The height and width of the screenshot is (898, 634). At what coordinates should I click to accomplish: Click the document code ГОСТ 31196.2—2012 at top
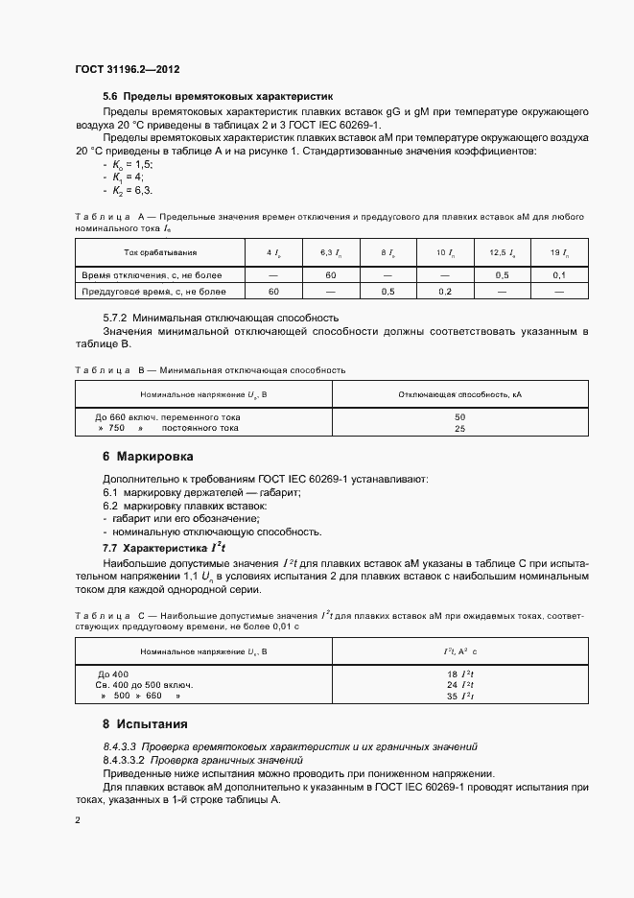(x=127, y=70)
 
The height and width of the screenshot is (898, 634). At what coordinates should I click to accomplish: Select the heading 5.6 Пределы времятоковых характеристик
(x=217, y=97)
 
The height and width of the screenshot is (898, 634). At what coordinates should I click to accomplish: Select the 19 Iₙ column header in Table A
(x=559, y=252)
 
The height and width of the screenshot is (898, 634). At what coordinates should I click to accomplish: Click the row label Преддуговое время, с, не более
(x=154, y=290)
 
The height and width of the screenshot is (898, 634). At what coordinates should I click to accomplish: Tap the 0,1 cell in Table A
(x=559, y=274)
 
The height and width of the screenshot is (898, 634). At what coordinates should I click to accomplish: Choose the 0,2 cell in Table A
(x=444, y=290)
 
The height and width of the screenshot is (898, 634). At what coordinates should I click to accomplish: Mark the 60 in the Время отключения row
(x=329, y=274)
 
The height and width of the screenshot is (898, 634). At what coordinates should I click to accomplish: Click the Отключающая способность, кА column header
(x=459, y=394)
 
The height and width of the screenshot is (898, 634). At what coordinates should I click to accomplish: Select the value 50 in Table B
(x=459, y=417)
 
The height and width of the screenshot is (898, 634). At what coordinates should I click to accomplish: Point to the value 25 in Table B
(x=459, y=429)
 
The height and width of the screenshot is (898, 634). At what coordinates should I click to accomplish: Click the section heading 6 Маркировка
(x=148, y=457)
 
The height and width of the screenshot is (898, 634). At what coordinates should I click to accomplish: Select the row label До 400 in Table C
(x=112, y=673)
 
